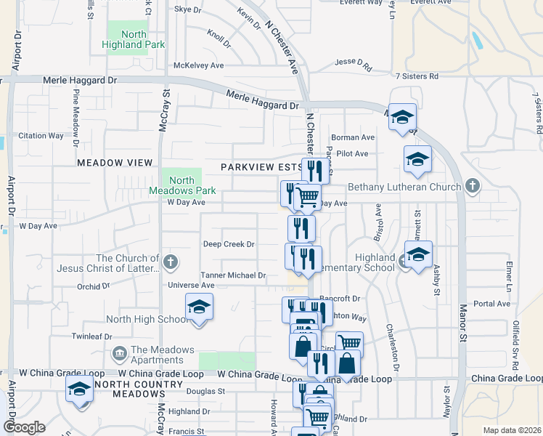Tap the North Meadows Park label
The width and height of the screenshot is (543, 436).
[182, 185]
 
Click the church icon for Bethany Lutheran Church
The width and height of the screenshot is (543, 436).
[473, 187]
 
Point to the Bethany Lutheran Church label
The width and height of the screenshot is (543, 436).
[404, 187]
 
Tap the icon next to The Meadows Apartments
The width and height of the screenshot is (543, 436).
[118, 355]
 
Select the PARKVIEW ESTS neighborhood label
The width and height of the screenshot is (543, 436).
[262, 167]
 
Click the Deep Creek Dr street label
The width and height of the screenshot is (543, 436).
[229, 244]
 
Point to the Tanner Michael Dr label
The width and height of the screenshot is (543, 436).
[233, 275]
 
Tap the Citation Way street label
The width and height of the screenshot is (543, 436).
[41, 135]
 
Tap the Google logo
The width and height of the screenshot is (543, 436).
[24, 427]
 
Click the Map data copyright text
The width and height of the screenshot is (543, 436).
[511, 430]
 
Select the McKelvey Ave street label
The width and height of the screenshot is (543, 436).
[198, 65]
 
